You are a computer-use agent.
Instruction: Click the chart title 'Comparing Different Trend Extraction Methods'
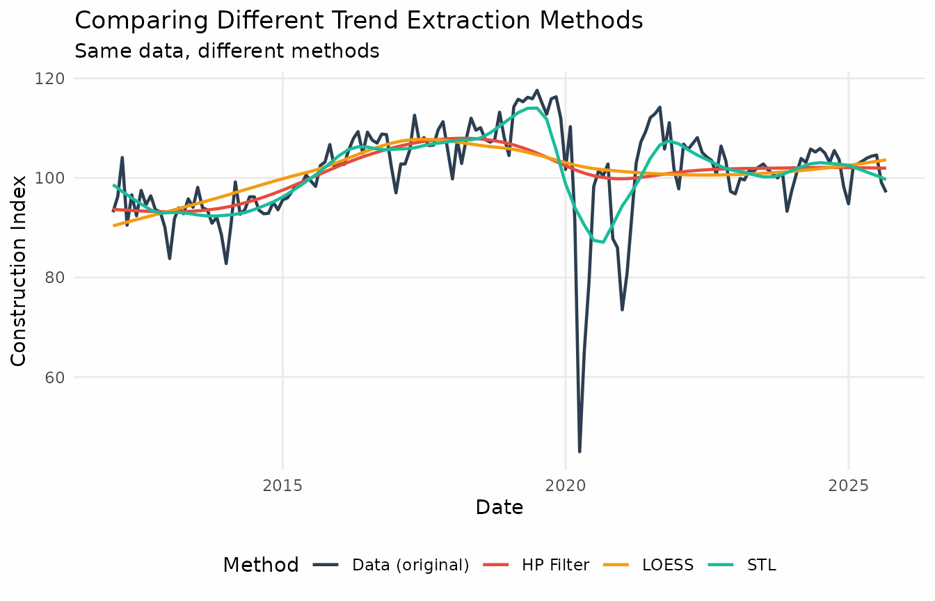click(358, 20)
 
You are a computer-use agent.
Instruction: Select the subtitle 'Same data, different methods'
click(227, 51)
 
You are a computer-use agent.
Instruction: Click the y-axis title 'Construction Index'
click(19, 271)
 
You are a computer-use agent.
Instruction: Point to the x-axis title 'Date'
click(500, 508)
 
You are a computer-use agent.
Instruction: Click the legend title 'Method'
click(261, 565)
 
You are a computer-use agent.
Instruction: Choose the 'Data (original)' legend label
click(410, 565)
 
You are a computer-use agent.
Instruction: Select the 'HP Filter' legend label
click(555, 565)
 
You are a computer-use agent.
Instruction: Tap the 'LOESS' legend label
click(668, 565)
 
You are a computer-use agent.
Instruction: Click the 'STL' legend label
click(761, 565)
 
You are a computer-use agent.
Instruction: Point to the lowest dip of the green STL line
click(603, 242)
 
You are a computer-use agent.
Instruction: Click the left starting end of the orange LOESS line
click(113, 225)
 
